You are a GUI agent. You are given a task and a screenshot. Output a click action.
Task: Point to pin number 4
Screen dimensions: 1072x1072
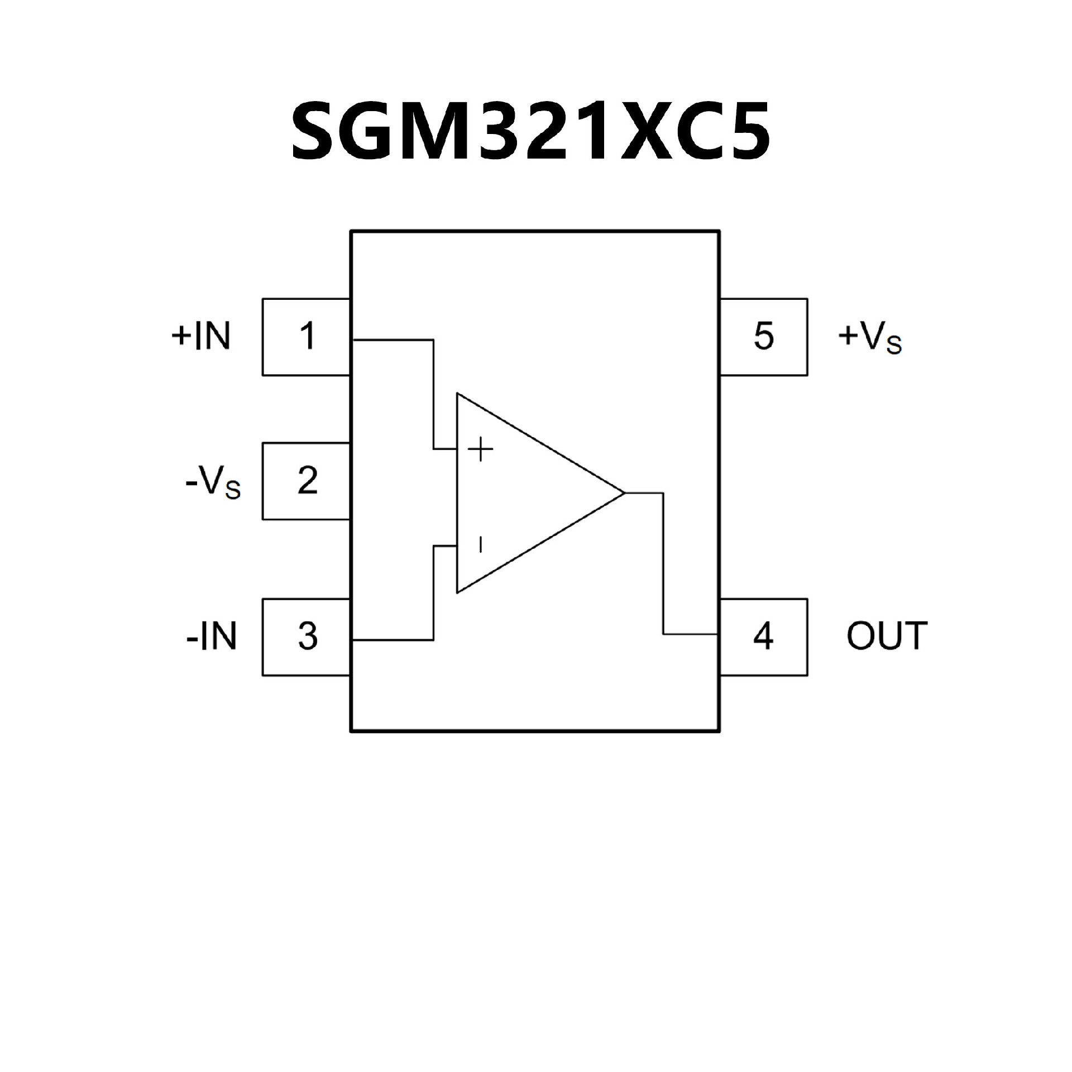click(x=763, y=636)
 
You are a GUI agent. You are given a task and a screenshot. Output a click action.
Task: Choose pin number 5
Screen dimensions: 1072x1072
click(x=763, y=336)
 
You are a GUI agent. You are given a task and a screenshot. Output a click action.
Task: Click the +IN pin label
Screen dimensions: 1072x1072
click(x=201, y=336)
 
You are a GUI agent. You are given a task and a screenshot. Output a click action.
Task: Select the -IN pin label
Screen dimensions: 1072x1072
click(x=211, y=636)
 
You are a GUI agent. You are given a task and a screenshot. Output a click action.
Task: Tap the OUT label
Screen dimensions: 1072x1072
click(x=887, y=636)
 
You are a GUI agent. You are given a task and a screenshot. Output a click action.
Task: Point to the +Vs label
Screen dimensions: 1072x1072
click(x=870, y=338)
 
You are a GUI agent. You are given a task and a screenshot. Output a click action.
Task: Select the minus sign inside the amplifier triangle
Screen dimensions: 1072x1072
click(x=480, y=544)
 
